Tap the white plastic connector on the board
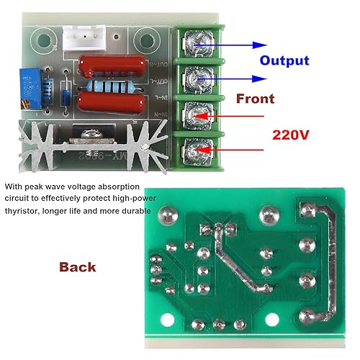(83, 35)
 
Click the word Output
(284, 61)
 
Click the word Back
(77, 267)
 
